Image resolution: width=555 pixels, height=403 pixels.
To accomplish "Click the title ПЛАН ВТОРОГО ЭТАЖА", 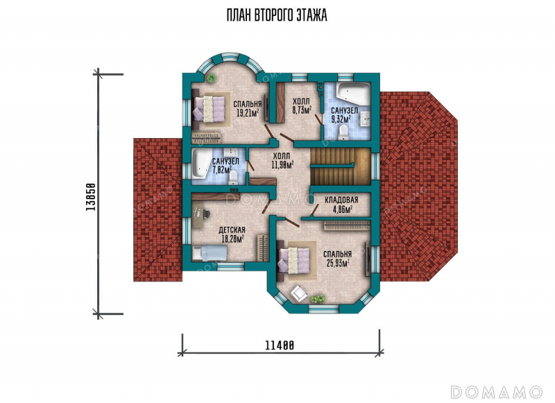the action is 277,15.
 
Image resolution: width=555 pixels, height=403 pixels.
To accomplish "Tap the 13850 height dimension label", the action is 91,197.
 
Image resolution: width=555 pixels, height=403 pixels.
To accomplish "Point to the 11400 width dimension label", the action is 280,345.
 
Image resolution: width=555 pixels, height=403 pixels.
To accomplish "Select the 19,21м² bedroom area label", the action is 247,113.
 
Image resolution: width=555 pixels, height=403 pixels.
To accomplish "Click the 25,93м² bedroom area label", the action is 336,263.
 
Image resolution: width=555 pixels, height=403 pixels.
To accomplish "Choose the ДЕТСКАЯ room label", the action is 232,230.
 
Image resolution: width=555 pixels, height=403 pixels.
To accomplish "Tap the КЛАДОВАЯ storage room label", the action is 341,200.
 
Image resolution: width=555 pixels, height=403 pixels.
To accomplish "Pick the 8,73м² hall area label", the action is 302,110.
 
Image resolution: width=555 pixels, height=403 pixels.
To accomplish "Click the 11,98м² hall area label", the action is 283,164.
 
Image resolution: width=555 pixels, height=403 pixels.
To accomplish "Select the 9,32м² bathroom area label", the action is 341,119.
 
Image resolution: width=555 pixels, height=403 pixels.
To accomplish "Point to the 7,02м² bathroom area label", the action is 222,169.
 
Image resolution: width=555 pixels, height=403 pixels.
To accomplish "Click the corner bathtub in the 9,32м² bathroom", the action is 353,92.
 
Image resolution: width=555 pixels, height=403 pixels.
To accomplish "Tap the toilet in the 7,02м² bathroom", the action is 234,178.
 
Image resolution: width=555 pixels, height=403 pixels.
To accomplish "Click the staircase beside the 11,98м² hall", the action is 341,166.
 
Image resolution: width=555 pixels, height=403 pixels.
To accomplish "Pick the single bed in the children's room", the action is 210,253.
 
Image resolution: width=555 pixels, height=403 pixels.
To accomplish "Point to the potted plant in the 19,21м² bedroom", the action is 212,78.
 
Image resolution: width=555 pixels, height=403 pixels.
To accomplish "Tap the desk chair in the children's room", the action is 205,213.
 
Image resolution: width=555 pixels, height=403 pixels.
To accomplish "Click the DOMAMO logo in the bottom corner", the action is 497,392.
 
